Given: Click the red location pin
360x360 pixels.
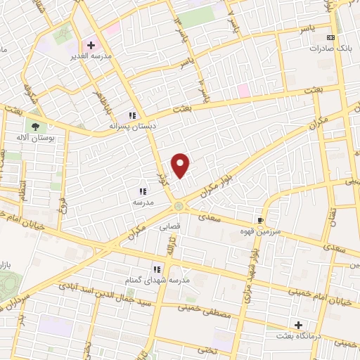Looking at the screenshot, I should click(x=181, y=165).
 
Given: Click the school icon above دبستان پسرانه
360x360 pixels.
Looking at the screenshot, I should click(x=131, y=116).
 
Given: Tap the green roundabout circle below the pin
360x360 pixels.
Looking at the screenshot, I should click(x=179, y=206).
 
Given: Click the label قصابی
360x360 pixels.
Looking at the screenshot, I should click(x=171, y=226).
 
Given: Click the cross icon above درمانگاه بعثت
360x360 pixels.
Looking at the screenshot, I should click(x=299, y=325).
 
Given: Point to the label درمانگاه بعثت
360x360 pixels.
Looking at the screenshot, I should click(x=300, y=337).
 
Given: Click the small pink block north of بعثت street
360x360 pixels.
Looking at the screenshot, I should click(x=243, y=90).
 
